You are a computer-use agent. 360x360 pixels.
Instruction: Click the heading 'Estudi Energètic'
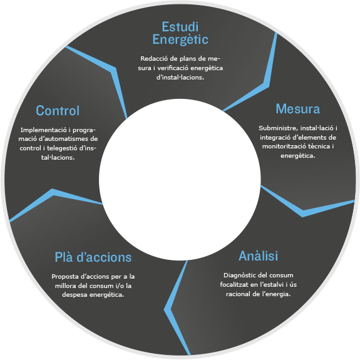coord(180,33)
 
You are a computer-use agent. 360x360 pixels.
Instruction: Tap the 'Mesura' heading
coord(298,108)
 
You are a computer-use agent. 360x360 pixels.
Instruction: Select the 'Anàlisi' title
coord(259,256)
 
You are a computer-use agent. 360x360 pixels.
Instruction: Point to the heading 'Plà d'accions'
coord(93,257)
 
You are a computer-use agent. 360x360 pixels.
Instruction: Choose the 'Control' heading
coord(58,110)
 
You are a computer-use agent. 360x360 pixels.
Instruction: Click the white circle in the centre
coord(180,180)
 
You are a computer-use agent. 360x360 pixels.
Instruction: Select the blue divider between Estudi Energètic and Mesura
coord(266,85)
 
